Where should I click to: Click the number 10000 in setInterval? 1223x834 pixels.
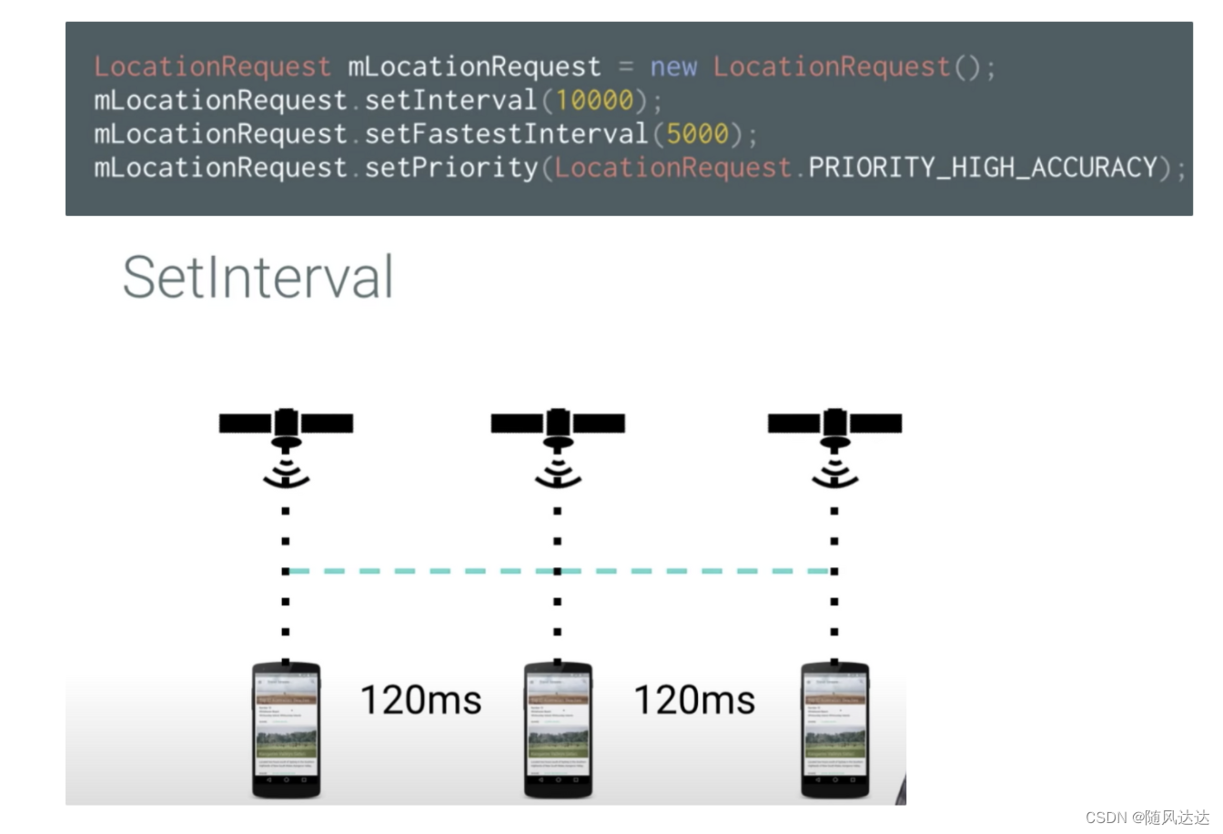[594, 100]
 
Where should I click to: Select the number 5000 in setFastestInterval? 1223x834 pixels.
[697, 134]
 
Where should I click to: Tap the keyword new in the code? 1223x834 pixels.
[672, 67]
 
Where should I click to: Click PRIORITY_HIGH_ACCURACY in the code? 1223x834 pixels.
[983, 168]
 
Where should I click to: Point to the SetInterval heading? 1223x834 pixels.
[258, 277]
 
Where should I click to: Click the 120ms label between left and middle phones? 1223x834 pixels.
[420, 700]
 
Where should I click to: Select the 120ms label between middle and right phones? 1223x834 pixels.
[694, 700]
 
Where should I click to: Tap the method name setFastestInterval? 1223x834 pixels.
[506, 134]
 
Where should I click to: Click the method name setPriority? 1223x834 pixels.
[451, 168]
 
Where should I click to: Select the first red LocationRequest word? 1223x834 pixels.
[212, 67]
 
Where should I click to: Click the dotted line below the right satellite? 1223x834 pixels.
[834, 601]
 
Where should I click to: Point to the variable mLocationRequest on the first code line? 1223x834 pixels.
[473, 67]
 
